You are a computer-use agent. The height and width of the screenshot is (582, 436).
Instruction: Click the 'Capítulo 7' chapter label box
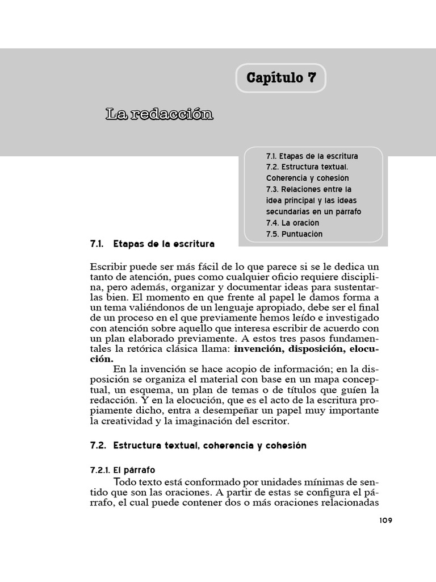281,78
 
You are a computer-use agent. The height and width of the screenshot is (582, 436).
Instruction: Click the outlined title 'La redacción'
159,114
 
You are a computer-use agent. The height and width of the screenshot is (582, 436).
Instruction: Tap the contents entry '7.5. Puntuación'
294,234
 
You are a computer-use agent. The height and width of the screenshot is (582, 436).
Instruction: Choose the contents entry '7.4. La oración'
292,223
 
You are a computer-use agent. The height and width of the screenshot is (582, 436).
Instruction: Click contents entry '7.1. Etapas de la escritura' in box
312,156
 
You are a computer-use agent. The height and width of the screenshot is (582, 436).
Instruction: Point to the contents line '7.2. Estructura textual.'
307,167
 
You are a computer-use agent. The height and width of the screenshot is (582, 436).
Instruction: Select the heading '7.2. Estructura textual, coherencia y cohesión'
198,446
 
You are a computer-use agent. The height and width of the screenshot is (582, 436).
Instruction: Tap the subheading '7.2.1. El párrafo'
123,470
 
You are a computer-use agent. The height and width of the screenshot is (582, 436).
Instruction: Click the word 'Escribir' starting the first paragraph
107,267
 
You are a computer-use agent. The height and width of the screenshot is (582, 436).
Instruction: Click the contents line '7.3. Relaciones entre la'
308,189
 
